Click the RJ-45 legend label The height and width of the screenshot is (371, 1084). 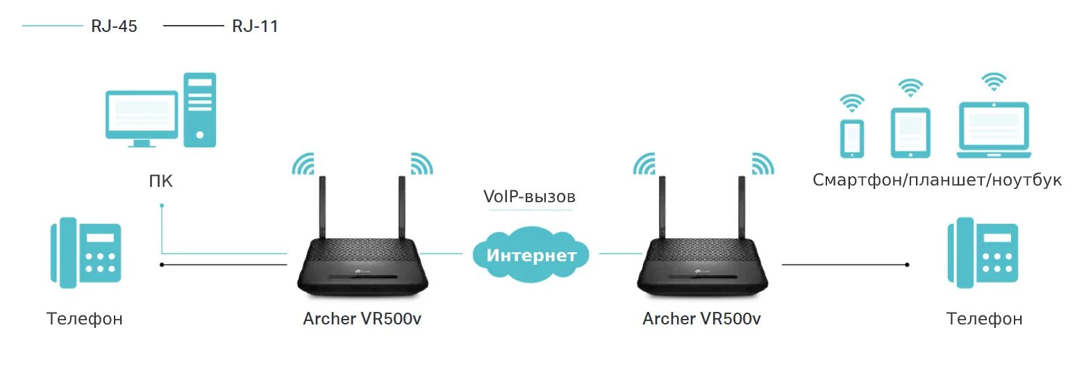pos(114,26)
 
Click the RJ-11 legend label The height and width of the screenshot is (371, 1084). pos(255,26)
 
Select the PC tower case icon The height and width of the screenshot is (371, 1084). pos(199,110)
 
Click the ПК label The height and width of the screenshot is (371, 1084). pos(161,182)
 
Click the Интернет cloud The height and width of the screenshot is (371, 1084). pos(531,255)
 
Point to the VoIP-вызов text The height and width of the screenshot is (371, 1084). pos(529,197)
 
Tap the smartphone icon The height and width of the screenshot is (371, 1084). pos(852,138)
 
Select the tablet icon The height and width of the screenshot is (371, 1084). pos(910,133)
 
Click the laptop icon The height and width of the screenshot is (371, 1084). pos(994,130)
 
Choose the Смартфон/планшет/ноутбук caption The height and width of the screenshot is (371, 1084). pos(937,180)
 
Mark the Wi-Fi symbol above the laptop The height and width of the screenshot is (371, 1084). pos(994,81)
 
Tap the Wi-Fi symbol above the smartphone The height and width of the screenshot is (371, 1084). pos(852,103)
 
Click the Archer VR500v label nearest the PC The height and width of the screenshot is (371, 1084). pos(362,319)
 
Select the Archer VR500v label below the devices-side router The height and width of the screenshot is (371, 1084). pos(701,319)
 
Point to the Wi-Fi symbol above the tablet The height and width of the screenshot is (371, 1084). pos(910,88)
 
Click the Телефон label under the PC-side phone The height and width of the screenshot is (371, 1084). pos(85,319)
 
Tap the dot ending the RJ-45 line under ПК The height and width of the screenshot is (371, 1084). pos(162,206)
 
